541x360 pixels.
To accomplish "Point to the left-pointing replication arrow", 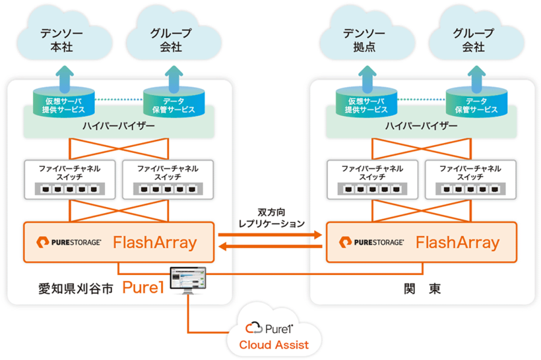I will (270, 247).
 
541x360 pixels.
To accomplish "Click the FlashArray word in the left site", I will (155, 242).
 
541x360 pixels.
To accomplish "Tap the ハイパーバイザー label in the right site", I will (422, 125).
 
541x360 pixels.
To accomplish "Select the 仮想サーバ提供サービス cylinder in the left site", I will (64, 102).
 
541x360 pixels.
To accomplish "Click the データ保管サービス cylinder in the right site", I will (472, 102).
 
